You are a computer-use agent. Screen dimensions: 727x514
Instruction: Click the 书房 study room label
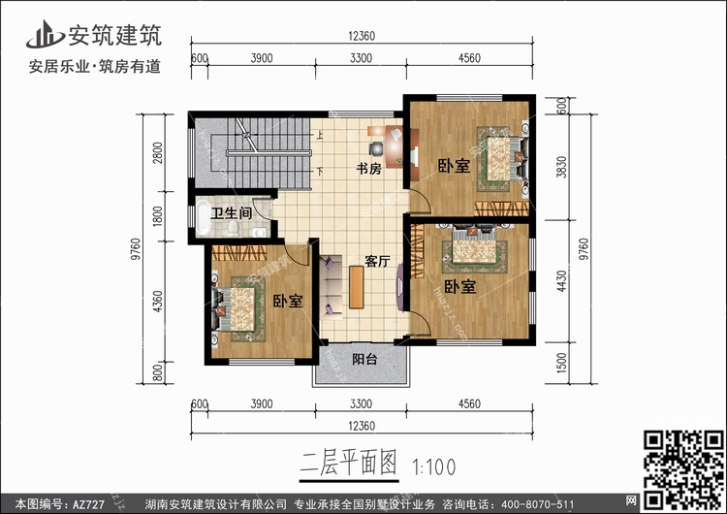point(368,169)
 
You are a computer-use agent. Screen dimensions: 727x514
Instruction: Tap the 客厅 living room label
point(377,261)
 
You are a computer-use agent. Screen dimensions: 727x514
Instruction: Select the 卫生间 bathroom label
point(232,213)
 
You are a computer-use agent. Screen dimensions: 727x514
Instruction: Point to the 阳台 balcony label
point(364,359)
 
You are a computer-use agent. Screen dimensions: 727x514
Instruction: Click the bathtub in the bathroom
point(203,217)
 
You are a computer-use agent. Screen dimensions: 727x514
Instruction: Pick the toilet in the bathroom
point(233,227)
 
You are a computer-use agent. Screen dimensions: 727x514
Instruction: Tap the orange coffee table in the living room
point(356,287)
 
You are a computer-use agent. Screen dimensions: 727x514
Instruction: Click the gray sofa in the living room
point(331,287)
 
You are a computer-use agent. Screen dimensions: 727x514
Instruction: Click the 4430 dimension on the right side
point(561,281)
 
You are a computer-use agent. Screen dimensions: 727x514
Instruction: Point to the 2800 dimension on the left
point(158,152)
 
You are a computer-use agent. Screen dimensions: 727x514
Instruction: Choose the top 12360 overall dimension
point(362,36)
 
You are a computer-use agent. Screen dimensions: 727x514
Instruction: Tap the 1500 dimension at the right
point(561,363)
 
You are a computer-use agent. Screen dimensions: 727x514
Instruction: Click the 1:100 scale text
point(434,467)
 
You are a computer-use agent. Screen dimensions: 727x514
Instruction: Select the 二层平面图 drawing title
point(349,463)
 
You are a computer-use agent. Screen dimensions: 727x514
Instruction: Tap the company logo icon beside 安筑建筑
point(45,34)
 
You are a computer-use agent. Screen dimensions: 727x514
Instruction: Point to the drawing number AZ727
point(88,504)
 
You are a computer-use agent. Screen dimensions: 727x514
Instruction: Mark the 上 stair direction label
point(320,135)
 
